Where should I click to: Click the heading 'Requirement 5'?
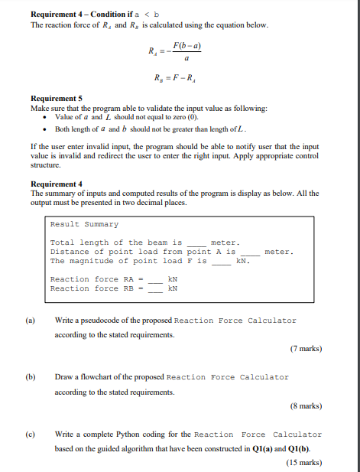click(56, 99)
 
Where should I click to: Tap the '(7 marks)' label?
click(306, 349)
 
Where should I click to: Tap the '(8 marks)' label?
click(306, 405)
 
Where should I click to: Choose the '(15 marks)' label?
click(303, 462)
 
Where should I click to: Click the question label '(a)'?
click(31, 321)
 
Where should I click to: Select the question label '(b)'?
click(31, 377)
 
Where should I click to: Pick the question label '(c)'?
click(31, 434)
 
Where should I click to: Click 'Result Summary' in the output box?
click(84, 224)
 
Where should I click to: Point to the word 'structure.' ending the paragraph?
click(45, 164)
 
